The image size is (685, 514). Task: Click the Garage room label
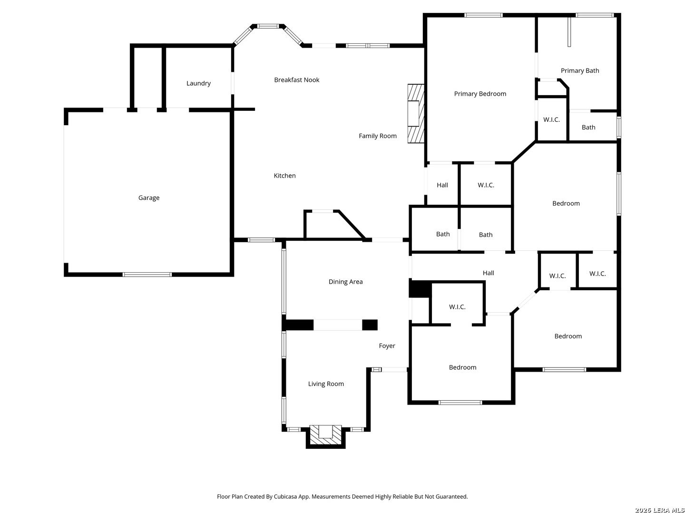pos(148,198)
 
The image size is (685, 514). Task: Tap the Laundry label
pos(198,83)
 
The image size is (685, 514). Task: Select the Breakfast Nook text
pos(296,80)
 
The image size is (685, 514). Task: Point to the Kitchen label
pos(284,176)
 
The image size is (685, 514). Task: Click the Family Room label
pos(377,136)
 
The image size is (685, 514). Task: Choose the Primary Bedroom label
pos(479,94)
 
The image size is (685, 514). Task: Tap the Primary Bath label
pos(579,70)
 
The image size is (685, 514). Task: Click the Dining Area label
pos(345,281)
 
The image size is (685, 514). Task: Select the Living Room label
pos(326,384)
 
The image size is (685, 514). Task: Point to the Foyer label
pos(387,346)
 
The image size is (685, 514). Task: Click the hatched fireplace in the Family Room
pos(416,114)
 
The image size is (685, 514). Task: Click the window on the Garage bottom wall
pos(147,275)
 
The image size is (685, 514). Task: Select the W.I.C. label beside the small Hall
pos(486,185)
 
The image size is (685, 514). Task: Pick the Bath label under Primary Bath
pos(588,128)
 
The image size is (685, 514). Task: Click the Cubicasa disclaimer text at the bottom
pos(342,496)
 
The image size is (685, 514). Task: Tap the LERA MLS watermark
pos(659,510)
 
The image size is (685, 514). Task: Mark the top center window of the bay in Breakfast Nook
pos(267,26)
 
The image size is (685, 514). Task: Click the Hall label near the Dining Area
pos(488,273)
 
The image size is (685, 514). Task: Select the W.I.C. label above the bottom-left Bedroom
pos(457,307)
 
